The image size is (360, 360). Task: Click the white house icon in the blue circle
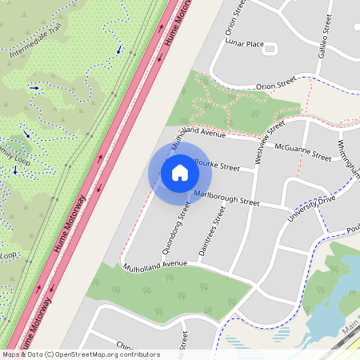(x=179, y=173)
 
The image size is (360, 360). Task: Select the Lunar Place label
(x=244, y=43)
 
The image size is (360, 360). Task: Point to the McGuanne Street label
(x=302, y=150)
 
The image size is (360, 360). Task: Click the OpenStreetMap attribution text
(x=80, y=354)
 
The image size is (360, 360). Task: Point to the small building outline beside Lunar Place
(x=269, y=49)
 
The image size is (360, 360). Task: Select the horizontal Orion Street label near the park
(x=277, y=86)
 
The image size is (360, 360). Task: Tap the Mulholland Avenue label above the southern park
(x=154, y=263)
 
